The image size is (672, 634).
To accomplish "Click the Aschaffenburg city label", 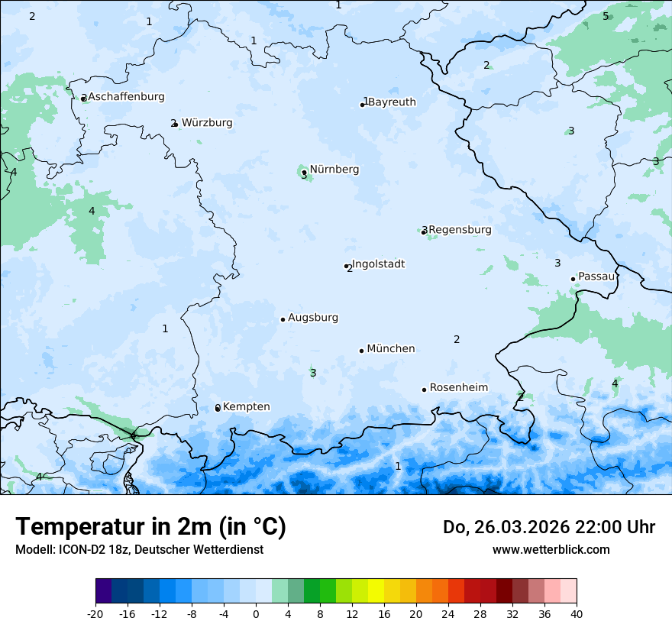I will coord(126,97).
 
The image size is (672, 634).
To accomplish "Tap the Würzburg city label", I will coord(207,123).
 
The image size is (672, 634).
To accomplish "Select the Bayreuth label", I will coord(392,102).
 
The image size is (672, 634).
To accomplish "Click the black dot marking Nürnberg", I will coord(304,172).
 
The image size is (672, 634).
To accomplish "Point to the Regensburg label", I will coord(460,230).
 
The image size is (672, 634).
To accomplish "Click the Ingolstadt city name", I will coord(378,264).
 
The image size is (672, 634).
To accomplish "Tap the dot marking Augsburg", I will coord(283,319).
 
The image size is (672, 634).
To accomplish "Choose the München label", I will coord(391,349).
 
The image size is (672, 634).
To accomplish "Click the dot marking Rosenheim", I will coord(424,390).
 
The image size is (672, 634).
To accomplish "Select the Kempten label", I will coord(246,407).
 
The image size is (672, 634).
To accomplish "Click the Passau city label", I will coord(596,277).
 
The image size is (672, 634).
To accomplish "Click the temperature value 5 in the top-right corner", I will coord(606,16).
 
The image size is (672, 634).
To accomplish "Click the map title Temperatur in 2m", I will coord(150,527).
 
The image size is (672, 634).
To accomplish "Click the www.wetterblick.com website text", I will coord(551,550).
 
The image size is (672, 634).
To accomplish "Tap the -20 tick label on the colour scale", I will coord(95,614).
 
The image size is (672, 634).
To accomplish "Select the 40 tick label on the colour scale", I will coord(577,614).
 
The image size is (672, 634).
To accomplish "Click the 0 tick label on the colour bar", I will coord(256,614).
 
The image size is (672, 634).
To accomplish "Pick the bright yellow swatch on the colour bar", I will coord(376,591).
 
